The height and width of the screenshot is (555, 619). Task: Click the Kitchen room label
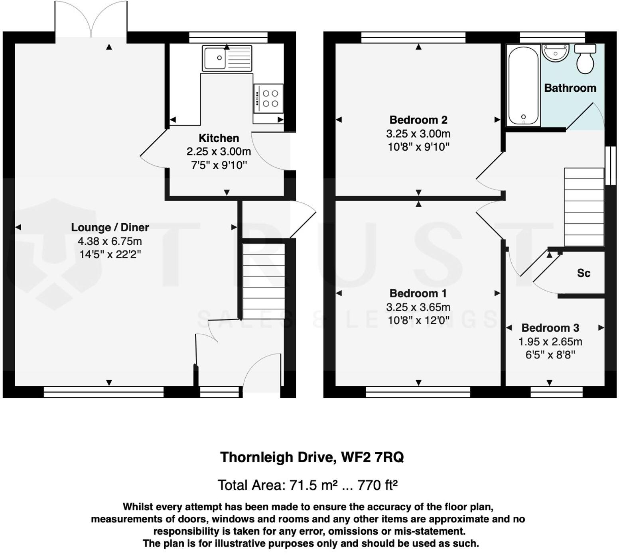point(219,138)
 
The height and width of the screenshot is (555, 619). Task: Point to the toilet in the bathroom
point(585,59)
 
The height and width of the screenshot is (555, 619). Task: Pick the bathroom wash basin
point(556,53)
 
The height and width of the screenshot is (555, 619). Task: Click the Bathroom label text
point(570,88)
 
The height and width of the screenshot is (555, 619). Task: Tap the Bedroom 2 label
point(418,120)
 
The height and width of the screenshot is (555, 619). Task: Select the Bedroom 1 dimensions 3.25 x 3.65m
point(418,307)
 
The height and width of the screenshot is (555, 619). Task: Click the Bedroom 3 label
point(550,328)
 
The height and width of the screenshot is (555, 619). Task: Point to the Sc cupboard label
point(584,273)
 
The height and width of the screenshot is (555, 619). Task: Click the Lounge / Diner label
point(110,227)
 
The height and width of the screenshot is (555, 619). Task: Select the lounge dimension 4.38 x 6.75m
point(110,241)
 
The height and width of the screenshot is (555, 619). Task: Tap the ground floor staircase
point(264,281)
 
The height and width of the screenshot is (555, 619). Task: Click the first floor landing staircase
point(584,207)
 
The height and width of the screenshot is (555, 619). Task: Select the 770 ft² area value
point(378,485)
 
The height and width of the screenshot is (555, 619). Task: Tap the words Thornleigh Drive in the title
point(277,457)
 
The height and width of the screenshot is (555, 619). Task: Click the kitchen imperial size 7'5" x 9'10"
point(219,165)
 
